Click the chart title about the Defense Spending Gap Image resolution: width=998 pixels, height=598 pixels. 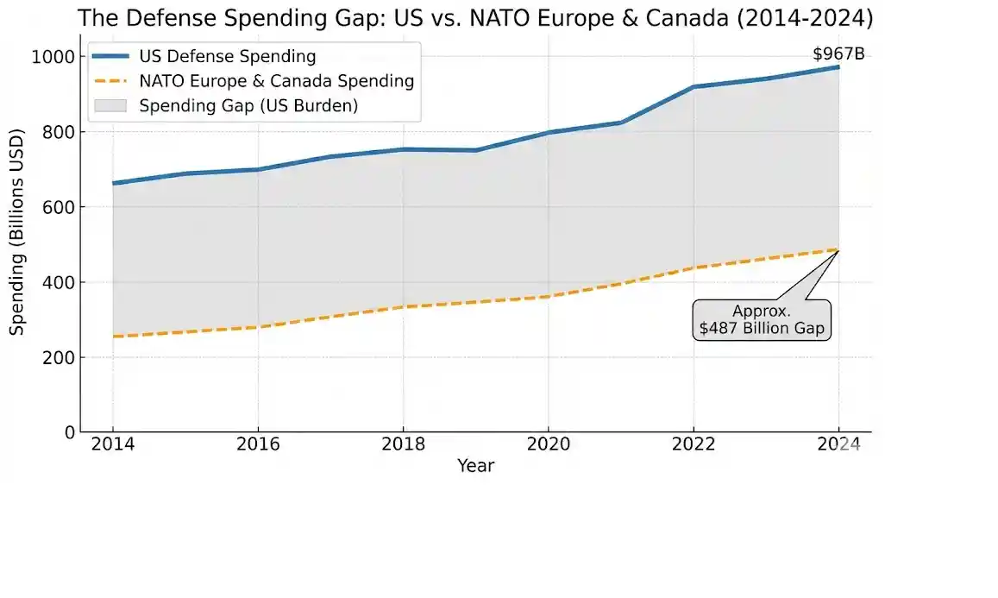tap(475, 18)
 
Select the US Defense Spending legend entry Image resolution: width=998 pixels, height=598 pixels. tap(228, 57)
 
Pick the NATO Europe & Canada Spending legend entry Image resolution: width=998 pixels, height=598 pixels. tap(276, 82)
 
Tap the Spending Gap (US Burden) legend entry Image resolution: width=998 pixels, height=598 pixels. tap(248, 106)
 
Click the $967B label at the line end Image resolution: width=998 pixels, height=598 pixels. tap(838, 54)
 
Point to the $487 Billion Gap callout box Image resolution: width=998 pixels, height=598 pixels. tap(762, 320)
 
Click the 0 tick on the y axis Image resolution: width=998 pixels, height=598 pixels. tap(68, 431)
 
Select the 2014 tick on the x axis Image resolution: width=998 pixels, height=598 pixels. tap(112, 444)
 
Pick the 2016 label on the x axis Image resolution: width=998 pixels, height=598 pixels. tap(258, 444)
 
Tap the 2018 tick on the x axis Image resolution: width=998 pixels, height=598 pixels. tap(403, 444)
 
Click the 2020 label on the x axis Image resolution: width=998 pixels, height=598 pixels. tap(549, 444)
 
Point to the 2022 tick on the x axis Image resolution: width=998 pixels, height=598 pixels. tap(694, 444)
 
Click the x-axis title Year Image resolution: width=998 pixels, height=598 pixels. tap(475, 466)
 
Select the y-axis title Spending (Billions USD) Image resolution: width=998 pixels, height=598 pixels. tap(18, 231)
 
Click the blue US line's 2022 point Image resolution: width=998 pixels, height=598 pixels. tap(694, 87)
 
